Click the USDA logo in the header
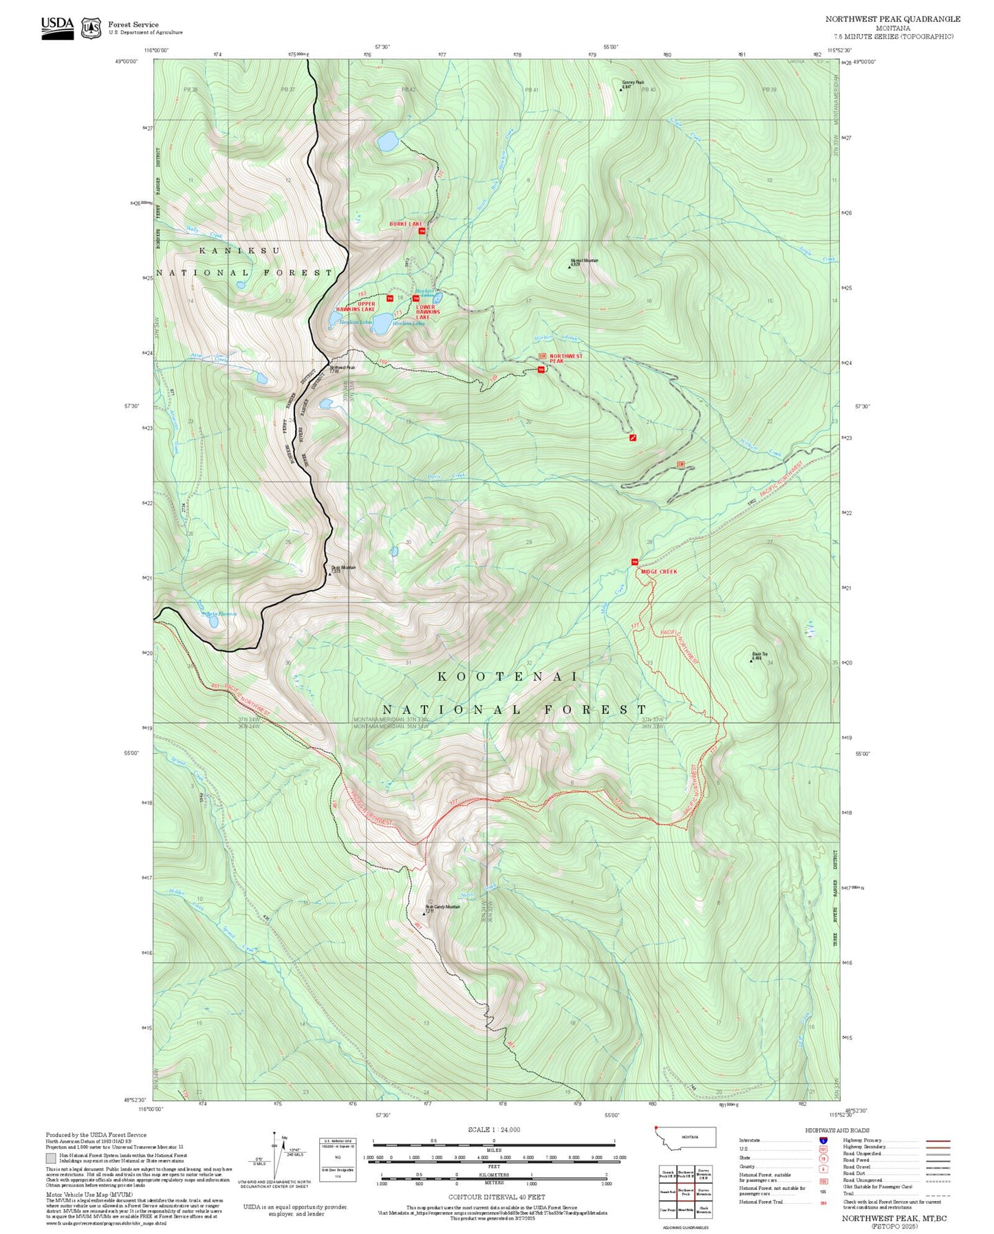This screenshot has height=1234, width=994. pyautogui.click(x=57, y=28)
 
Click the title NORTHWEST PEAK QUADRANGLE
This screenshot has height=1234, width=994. pyautogui.click(x=893, y=19)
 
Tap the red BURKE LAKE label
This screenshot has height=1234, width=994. pyautogui.click(x=405, y=224)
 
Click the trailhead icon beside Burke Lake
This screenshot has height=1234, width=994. pyautogui.click(x=422, y=231)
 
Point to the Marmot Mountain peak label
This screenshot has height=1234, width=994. pyautogui.click(x=583, y=262)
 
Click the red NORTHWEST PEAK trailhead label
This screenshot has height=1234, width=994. pyautogui.click(x=565, y=358)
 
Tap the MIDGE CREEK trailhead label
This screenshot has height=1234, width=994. pyautogui.click(x=658, y=572)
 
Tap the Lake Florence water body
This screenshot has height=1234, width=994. pyautogui.click(x=214, y=621)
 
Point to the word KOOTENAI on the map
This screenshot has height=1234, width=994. pyautogui.click(x=508, y=677)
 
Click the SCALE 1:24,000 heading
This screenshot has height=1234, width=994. pyautogui.click(x=493, y=1129)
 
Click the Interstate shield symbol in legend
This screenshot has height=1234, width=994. pyautogui.click(x=823, y=1140)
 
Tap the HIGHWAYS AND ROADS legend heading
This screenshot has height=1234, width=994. pyautogui.click(x=836, y=1130)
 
